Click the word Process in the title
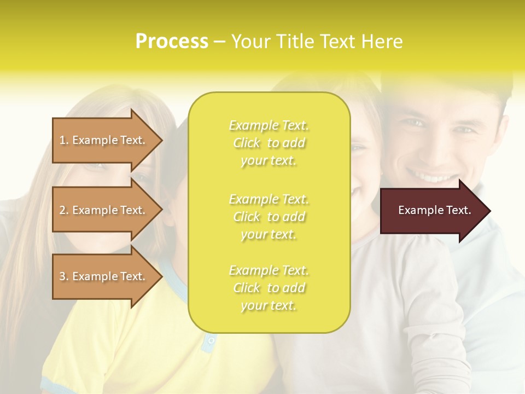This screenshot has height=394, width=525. point(172,41)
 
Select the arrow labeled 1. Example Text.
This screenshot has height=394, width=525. point(104,140)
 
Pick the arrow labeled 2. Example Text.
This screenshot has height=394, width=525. point(104,210)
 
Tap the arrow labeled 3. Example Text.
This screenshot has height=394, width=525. point(104,276)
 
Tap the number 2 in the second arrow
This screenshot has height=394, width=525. point(62,210)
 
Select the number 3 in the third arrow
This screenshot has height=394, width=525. point(62,276)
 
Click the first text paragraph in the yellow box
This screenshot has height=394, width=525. point(269,143)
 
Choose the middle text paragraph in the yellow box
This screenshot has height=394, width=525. point(269,216)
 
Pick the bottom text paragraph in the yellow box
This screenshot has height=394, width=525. point(269,288)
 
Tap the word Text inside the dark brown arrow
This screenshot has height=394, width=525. point(458,210)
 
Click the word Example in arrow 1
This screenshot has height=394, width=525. point(95,140)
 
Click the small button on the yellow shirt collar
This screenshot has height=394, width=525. point(211,340)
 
